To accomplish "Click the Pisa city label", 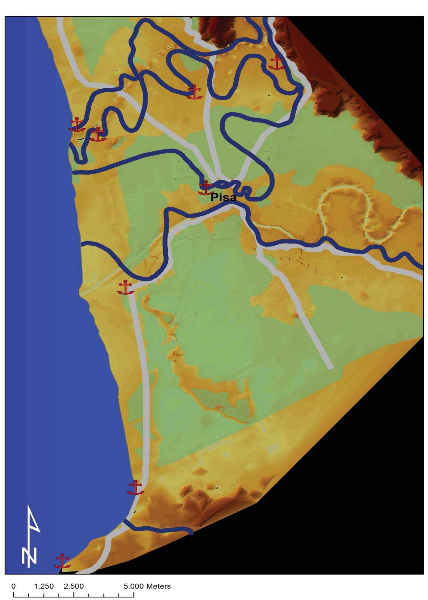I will [x=224, y=198].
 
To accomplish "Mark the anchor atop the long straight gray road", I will [x=125, y=287].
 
